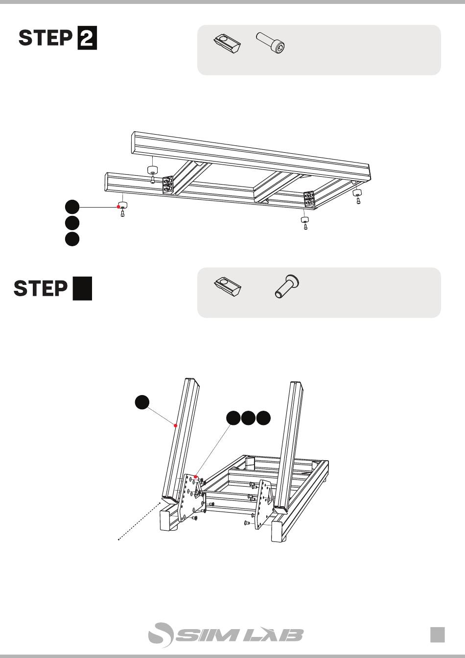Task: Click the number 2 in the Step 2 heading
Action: click(87, 38)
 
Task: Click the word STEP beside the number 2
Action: click(46, 38)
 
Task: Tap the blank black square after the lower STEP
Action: click(82, 288)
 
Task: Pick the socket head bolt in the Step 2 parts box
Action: click(271, 43)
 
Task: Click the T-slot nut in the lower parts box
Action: click(227, 286)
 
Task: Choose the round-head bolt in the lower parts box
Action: click(287, 286)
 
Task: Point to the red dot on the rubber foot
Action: click(118, 207)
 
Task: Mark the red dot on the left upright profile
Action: click(175, 425)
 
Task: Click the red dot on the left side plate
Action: click(196, 476)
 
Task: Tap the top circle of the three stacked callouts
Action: click(72, 207)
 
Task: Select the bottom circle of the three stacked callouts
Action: click(72, 239)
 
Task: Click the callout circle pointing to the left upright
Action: click(142, 402)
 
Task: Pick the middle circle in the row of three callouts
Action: click(249, 418)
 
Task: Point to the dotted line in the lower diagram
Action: click(139, 521)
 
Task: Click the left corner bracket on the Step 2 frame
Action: click(168, 185)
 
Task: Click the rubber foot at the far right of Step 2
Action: click(357, 193)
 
